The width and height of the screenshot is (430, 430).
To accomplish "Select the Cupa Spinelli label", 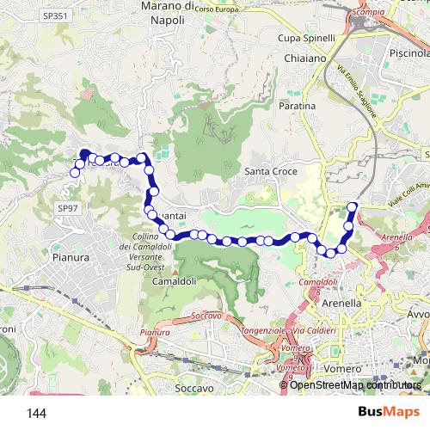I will [305, 39].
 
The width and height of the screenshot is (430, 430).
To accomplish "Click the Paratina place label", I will [297, 106].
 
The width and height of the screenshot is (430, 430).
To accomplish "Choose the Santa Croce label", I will [271, 172].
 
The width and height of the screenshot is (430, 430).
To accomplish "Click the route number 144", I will [36, 414].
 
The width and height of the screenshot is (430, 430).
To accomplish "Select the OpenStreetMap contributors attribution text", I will [355, 384].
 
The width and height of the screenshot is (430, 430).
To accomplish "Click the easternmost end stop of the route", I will [352, 206].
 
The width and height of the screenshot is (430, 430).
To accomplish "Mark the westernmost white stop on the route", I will [75, 173].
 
